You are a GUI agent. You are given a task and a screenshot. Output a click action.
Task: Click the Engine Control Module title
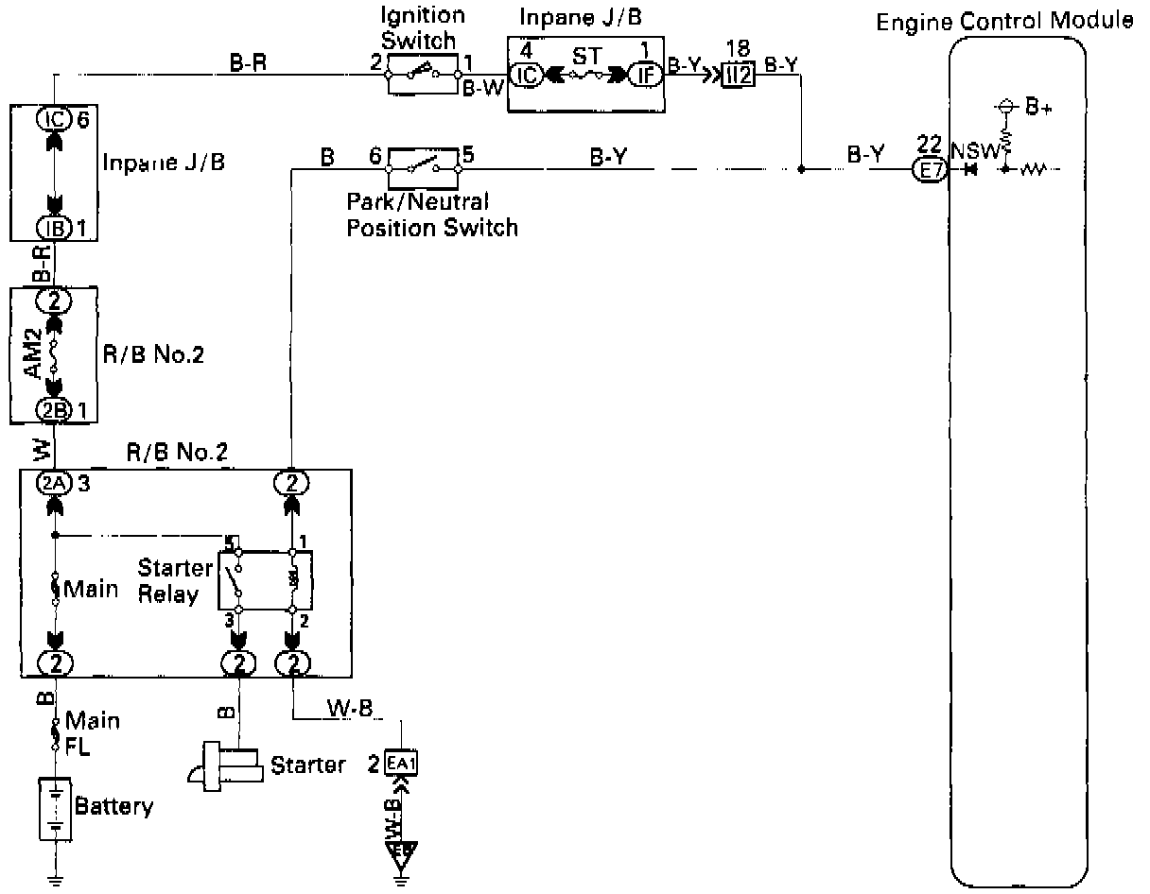tap(1004, 21)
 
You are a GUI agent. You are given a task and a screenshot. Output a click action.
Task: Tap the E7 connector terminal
tap(929, 170)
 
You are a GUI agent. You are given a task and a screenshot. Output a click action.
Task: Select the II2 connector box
tap(738, 77)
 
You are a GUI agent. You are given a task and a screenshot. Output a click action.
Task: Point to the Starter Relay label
tap(175, 580)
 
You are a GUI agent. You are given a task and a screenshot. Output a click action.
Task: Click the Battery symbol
tap(56, 806)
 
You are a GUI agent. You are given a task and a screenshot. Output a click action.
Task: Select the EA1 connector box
tap(401, 763)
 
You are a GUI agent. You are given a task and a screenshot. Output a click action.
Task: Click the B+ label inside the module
tap(1039, 107)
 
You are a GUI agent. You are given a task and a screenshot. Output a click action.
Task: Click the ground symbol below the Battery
tap(56, 879)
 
